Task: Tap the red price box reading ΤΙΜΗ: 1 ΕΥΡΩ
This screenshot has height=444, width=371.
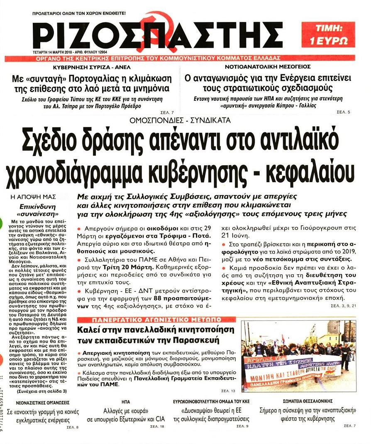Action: click(x=334, y=35)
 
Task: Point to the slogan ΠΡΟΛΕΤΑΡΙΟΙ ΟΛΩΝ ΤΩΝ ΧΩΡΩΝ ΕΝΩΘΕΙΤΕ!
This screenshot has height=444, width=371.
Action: click(x=79, y=13)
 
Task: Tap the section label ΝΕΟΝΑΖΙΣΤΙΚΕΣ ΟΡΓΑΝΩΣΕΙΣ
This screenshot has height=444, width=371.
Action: click(x=42, y=402)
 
